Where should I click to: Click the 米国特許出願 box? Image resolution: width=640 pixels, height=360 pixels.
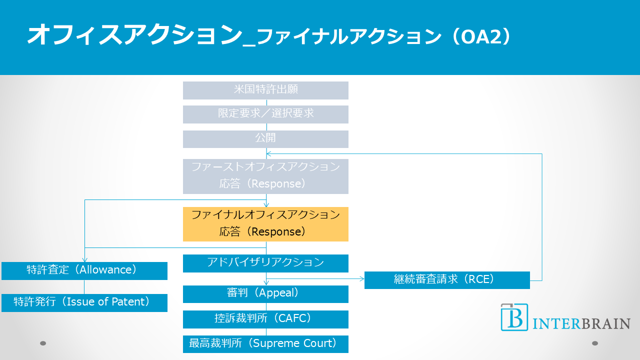pyautogui.click(x=265, y=90)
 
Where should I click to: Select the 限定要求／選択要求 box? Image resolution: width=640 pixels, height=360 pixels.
pyautogui.click(x=265, y=114)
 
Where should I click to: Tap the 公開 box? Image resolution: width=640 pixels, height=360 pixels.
pyautogui.click(x=265, y=139)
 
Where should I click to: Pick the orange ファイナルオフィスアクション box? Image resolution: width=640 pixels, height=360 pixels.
pyautogui.click(x=265, y=224)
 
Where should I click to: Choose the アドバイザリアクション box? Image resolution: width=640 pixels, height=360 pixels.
pyautogui.click(x=265, y=263)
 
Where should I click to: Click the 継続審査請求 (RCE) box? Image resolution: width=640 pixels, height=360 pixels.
pyautogui.click(x=447, y=280)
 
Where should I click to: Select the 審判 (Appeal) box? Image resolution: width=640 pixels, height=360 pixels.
pyautogui.click(x=265, y=294)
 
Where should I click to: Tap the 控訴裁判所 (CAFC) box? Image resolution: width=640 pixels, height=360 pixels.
pyautogui.click(x=265, y=319)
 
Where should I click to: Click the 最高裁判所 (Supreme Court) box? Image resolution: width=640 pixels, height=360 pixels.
pyautogui.click(x=265, y=344)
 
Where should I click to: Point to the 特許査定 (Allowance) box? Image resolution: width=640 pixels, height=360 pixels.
pyautogui.click(x=84, y=270)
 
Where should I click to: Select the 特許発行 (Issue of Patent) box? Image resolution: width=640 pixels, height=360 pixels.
pyautogui.click(x=84, y=302)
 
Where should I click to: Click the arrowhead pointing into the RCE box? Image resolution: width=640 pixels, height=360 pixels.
pyautogui.click(x=361, y=278)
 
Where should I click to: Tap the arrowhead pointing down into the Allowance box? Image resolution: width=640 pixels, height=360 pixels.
pyautogui.click(x=84, y=259)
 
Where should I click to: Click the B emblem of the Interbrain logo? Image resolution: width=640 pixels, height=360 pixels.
pyautogui.click(x=514, y=317)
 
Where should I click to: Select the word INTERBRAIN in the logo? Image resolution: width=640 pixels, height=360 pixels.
pyautogui.click(x=581, y=323)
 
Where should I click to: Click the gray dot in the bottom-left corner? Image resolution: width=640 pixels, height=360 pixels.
pyautogui.click(x=43, y=343)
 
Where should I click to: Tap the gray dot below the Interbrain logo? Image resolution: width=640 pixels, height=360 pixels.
pyautogui.click(x=595, y=343)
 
